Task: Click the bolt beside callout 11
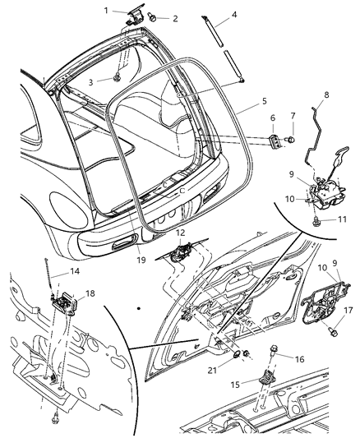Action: click(317, 219)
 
